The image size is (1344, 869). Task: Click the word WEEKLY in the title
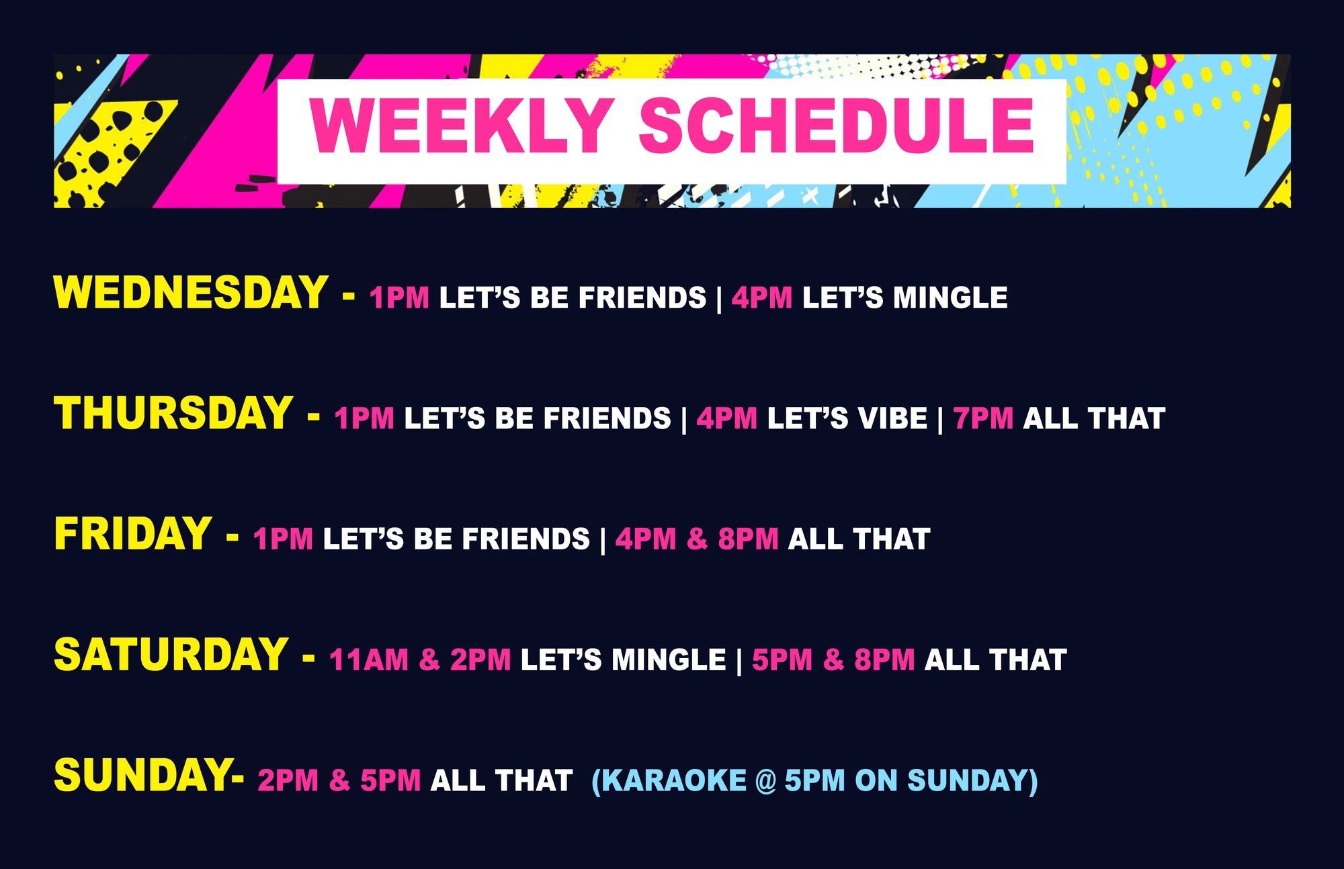point(461,126)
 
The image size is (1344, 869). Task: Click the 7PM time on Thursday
point(983,418)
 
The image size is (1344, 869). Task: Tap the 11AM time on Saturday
point(369,659)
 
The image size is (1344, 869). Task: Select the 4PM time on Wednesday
point(762,298)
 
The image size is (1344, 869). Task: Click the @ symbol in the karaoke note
point(765,781)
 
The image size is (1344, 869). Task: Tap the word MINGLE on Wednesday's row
point(950,298)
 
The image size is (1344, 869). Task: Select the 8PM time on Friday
point(748,539)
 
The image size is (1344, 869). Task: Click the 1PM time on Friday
point(283,539)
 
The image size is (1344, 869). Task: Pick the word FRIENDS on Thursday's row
point(607,418)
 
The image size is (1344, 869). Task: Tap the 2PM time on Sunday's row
point(288,780)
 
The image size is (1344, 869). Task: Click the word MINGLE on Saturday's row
point(669,659)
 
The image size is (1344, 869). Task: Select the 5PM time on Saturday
point(782,659)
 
